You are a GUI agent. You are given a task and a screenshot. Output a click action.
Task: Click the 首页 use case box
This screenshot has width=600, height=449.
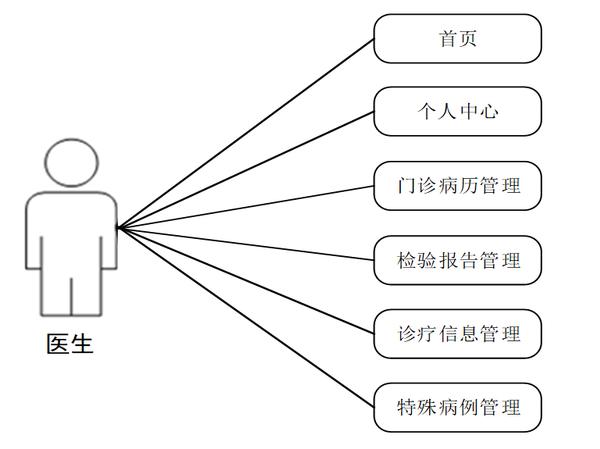tap(457, 38)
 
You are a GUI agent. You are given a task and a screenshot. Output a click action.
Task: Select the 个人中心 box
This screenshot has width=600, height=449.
tap(457, 112)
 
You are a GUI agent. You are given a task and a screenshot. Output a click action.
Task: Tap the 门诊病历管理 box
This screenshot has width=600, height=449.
tap(457, 186)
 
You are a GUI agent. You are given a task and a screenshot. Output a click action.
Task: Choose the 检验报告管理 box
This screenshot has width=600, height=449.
tap(457, 260)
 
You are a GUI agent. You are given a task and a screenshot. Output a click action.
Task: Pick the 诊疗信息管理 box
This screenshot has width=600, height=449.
tap(457, 334)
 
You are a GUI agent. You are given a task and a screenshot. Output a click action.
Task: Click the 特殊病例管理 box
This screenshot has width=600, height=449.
tap(457, 408)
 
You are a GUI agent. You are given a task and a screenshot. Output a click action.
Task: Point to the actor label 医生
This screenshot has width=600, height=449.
tap(70, 344)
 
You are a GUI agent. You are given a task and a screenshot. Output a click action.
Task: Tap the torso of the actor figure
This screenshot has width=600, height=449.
tap(72, 230)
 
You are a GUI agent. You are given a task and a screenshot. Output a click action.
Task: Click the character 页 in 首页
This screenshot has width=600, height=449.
tap(467, 38)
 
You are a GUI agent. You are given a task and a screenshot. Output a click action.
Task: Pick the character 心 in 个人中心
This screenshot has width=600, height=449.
tap(489, 112)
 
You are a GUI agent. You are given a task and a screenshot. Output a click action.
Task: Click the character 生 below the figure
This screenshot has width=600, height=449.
tap(82, 344)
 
